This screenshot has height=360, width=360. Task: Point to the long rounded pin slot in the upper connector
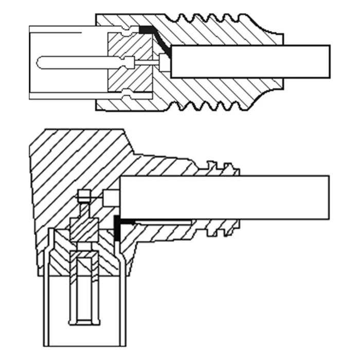coord(77,62)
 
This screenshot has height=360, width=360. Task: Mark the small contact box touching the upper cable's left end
coord(165,62)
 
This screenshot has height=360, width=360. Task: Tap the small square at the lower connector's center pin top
coord(84,196)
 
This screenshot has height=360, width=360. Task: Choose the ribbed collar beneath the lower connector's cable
coord(221,227)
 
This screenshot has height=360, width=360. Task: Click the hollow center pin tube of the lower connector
coord(84,288)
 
